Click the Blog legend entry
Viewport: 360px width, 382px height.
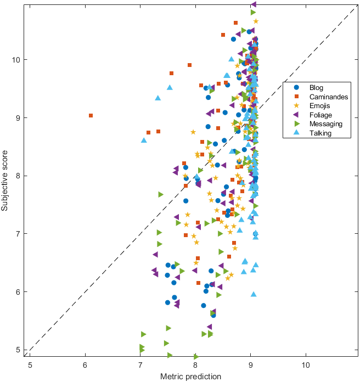click(x=316, y=87)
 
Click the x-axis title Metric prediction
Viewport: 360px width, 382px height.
click(x=190, y=377)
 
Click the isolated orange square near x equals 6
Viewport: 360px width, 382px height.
click(x=91, y=116)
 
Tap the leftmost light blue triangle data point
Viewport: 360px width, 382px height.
click(x=144, y=140)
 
